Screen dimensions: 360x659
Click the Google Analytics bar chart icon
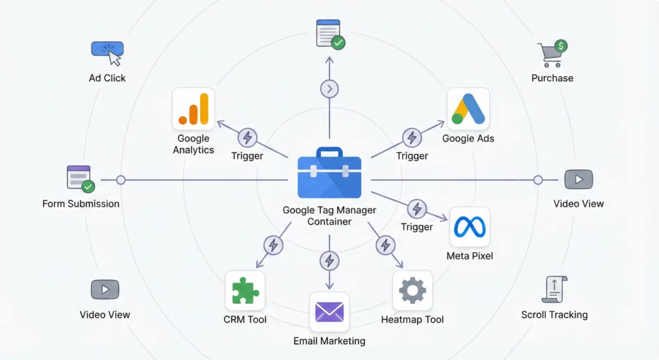[194, 109]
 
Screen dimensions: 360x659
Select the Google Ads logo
[468, 109]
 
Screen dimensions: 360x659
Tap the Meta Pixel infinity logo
[469, 227]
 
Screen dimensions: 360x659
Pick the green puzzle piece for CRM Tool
[245, 290]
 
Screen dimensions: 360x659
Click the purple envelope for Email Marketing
[329, 312]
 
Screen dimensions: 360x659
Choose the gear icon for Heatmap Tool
[413, 290]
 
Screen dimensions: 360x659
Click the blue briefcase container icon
[329, 173]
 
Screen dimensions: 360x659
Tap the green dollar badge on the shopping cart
[561, 46]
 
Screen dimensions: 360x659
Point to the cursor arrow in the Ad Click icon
[115, 58]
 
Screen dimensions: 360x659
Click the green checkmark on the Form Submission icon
[88, 187]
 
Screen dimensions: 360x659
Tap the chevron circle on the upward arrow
[329, 89]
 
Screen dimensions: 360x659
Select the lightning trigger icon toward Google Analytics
[247, 137]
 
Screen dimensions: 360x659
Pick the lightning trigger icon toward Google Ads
[412, 137]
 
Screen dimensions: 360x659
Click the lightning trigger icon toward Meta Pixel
[417, 209]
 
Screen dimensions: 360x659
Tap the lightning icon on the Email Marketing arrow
[329, 261]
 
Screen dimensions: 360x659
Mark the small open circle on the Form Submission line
[120, 180]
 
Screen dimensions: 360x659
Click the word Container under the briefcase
[329, 222]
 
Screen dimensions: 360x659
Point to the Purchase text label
[552, 78]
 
